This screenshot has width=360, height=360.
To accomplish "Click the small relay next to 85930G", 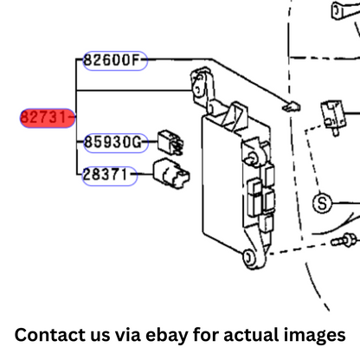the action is coord(170,143).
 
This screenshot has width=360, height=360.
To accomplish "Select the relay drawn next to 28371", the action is coord(171,173).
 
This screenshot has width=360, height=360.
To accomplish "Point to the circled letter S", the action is coord(322,203).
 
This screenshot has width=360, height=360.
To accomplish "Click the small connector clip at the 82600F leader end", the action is coord(292,106).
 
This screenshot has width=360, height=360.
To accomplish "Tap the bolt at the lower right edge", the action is coord(345,240).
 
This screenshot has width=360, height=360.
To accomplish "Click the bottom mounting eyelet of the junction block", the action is coord(248,257).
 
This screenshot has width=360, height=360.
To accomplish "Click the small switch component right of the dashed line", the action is coord(333,117).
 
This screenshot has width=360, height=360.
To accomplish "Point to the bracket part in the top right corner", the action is coord(345,10).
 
